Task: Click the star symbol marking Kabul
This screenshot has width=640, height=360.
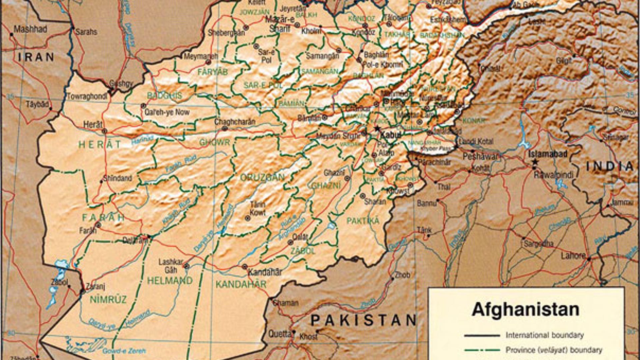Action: click(x=377, y=129)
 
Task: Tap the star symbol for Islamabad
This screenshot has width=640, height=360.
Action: click(x=535, y=162)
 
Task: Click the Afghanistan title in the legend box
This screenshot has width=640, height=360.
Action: click(x=525, y=309)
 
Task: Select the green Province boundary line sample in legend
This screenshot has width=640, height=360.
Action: click(x=482, y=350)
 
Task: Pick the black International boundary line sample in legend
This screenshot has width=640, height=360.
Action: click(x=482, y=335)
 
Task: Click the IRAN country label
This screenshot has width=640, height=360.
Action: click(x=36, y=57)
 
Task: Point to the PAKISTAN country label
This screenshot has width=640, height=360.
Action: click(x=363, y=320)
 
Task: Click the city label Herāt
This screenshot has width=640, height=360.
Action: click(x=93, y=125)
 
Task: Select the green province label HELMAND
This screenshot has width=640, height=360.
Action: click(x=170, y=281)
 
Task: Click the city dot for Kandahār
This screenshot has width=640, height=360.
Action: click(x=244, y=267)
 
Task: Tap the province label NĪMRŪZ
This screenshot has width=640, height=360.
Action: click(x=108, y=299)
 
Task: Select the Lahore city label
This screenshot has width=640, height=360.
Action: click(x=573, y=256)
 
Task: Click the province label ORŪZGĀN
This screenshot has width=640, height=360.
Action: click(x=262, y=177)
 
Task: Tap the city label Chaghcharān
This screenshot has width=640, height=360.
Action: click(x=235, y=122)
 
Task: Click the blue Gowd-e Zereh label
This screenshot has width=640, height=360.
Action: click(x=124, y=351)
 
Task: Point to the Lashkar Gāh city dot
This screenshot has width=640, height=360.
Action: click(x=186, y=266)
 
